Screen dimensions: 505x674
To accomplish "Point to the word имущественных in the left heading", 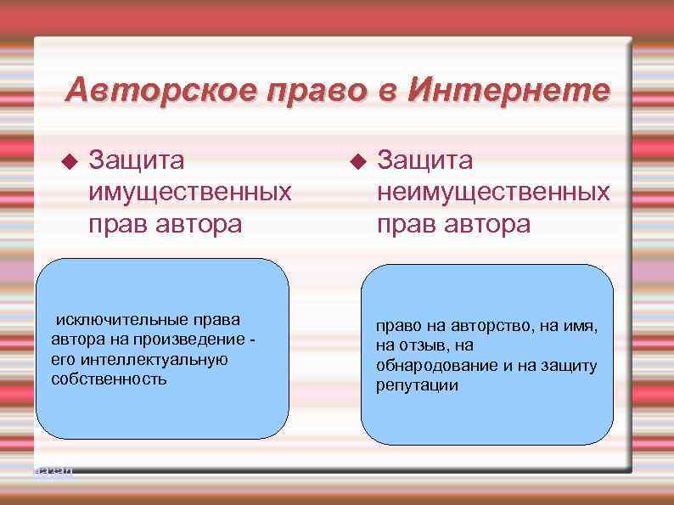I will [190, 192].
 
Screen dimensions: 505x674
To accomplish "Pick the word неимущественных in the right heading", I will [493, 192].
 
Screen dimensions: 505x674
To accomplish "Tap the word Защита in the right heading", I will [426, 160].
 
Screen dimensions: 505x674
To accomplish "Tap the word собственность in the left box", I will [109, 379].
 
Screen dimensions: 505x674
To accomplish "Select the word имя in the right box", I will [581, 326].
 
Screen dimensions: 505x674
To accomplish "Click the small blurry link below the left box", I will [53, 470].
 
